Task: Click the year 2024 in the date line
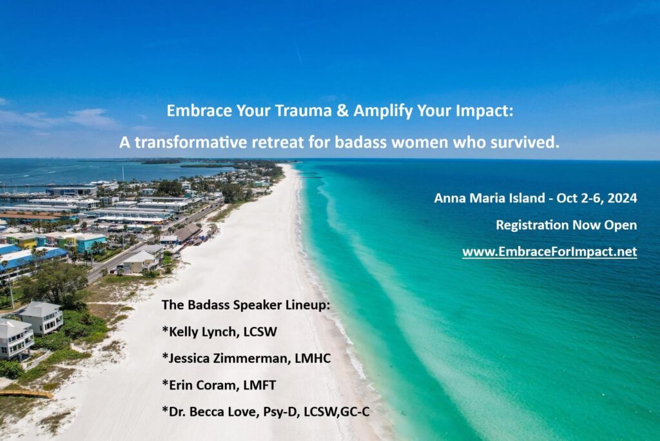click(x=623, y=199)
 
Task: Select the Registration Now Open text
click(x=566, y=225)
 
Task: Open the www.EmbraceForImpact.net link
click(x=549, y=252)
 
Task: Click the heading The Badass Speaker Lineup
click(x=246, y=305)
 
